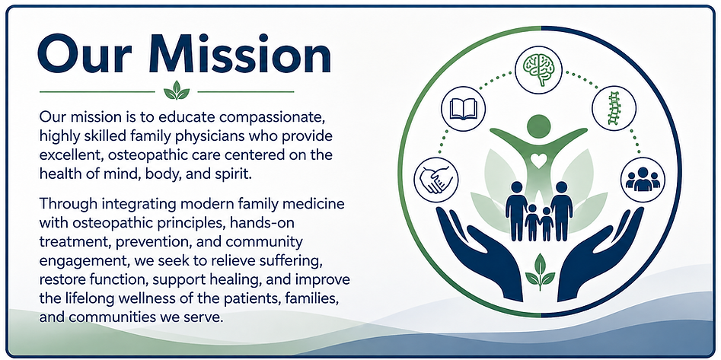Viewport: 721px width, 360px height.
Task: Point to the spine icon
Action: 614,109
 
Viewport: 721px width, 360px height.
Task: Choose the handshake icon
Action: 437,180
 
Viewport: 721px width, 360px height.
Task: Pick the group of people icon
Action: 643,180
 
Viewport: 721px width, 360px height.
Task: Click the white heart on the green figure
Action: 538,161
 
